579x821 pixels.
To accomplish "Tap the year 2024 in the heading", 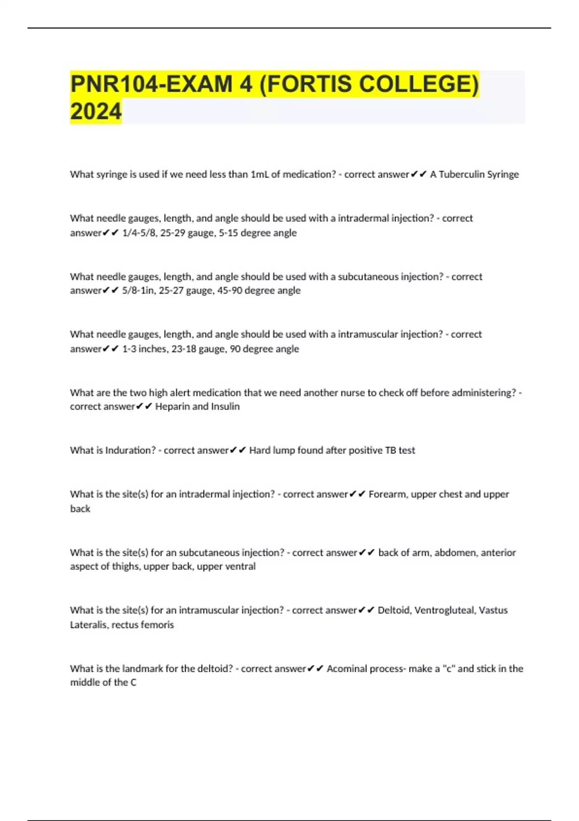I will pos(96,112).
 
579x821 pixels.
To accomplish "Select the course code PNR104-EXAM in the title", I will pos(151,84).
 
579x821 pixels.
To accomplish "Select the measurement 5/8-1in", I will pos(139,290).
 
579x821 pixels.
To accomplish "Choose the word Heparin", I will pos(172,407).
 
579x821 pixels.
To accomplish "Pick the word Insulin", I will pos(224,407).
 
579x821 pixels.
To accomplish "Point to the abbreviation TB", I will pos(390,450).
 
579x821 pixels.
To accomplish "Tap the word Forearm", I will pos(387,494).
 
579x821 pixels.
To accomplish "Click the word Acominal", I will pos(347,669).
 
